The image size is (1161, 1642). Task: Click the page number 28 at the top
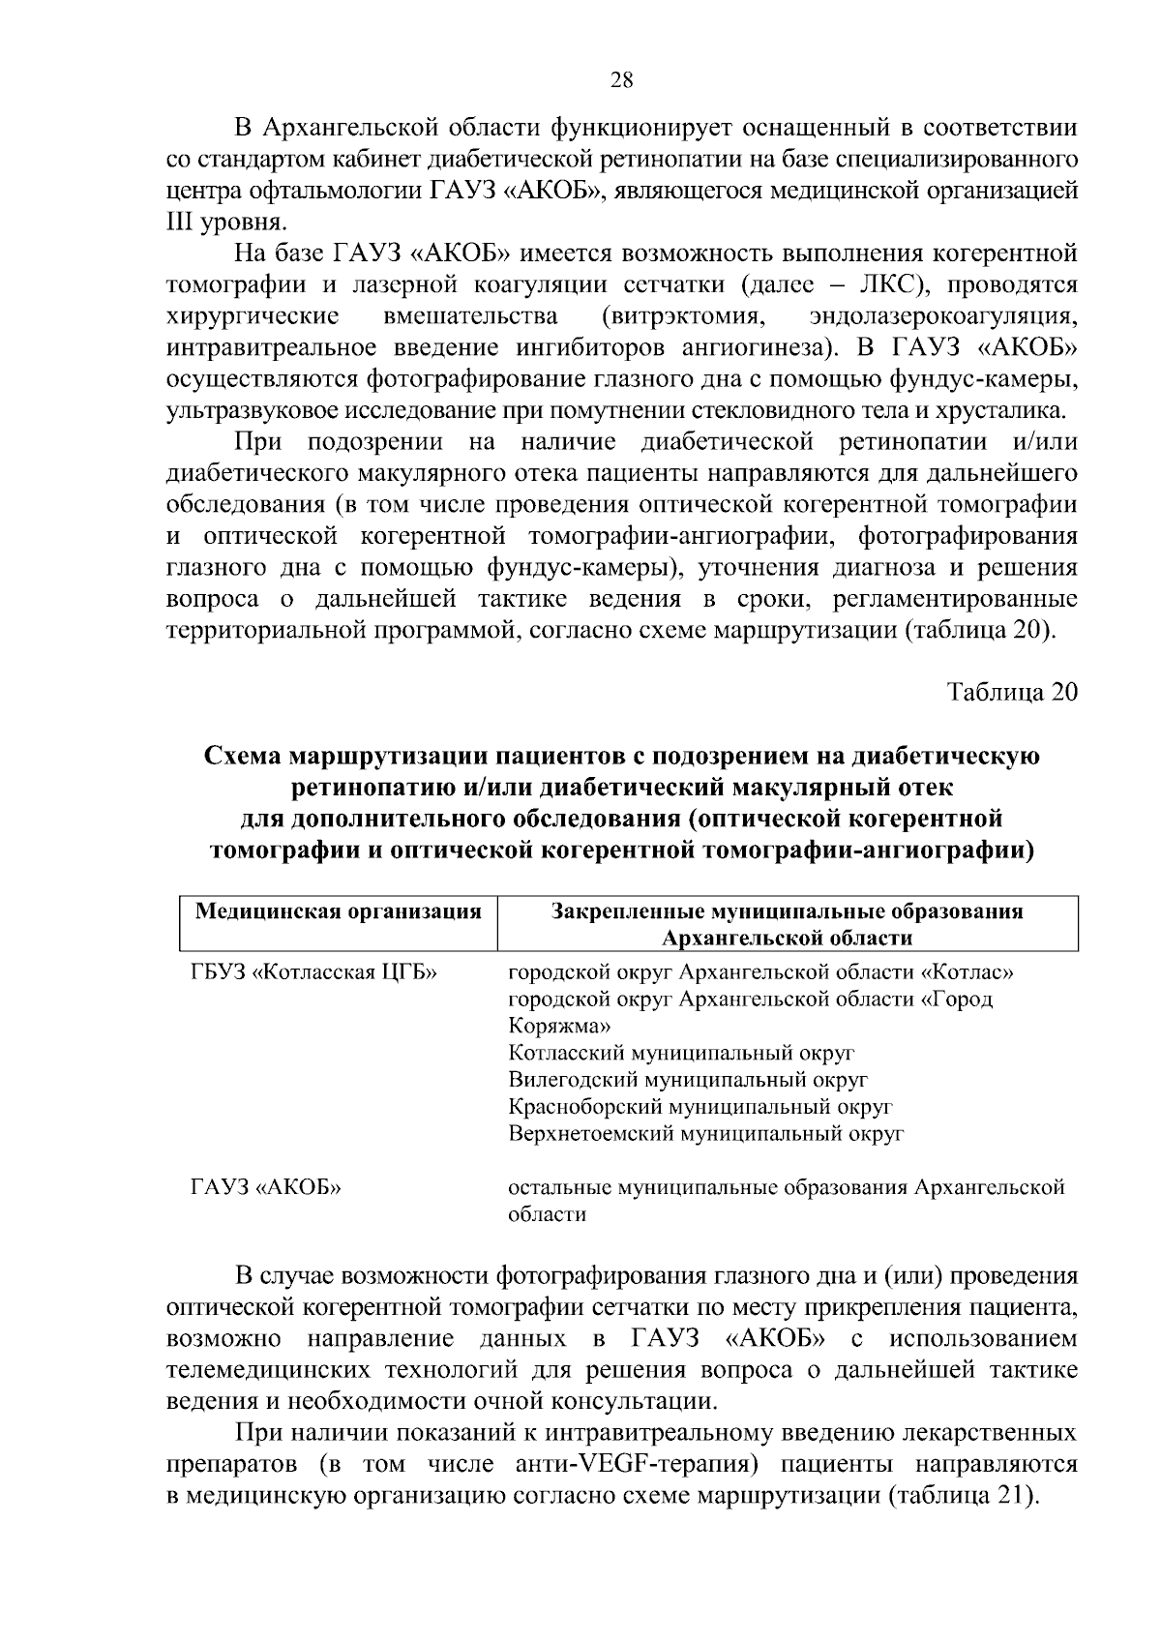[x=621, y=80]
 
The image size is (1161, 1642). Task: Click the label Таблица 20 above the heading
[x=1011, y=693]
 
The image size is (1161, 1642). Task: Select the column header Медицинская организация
[x=339, y=911]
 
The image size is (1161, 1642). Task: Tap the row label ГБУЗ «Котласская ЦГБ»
[x=313, y=971]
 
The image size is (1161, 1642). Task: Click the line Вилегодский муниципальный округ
[x=688, y=1079]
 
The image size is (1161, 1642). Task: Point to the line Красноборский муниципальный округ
[x=700, y=1106]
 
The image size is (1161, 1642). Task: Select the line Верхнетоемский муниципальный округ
[x=706, y=1133]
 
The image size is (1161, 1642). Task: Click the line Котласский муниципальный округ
[x=681, y=1052]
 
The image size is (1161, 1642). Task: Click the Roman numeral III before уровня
[x=181, y=222]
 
